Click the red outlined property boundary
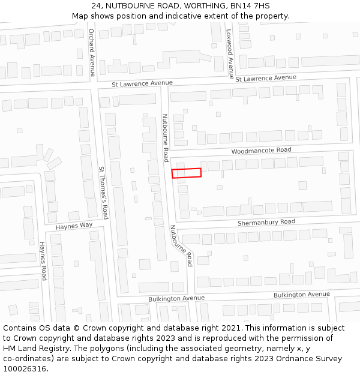click(x=187, y=173)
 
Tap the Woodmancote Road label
click(x=261, y=150)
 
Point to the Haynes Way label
click(x=74, y=226)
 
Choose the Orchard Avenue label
click(x=92, y=53)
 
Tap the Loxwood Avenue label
click(x=229, y=53)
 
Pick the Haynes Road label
click(x=43, y=261)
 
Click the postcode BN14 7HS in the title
click(x=252, y=6)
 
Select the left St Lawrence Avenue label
click(x=142, y=83)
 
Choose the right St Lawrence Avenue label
click(x=266, y=79)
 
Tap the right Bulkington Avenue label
click(x=301, y=295)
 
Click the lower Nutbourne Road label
click(x=181, y=245)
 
